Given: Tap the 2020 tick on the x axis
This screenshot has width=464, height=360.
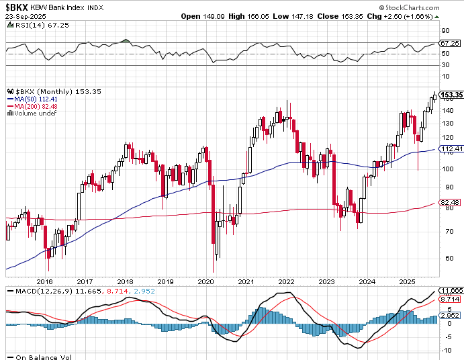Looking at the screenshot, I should [206, 282].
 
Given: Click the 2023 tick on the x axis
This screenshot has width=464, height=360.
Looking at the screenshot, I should [327, 282].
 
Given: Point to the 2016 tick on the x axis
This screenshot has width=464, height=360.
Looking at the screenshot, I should [44, 282].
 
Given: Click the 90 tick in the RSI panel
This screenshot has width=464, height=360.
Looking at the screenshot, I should [445, 30].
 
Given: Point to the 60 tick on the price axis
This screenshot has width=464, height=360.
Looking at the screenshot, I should [445, 257].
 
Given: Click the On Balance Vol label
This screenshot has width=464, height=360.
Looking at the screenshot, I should [42, 357].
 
